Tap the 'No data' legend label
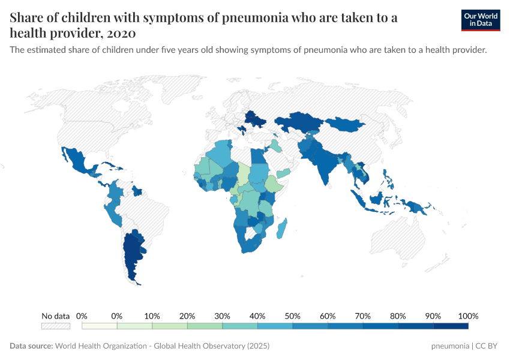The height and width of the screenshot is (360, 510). [55, 316]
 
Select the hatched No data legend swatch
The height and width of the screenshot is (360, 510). [55, 326]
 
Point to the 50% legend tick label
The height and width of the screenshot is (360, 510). [292, 316]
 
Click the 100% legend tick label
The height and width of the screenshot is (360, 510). [467, 316]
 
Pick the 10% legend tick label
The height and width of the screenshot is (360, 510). [152, 316]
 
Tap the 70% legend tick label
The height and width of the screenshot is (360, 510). [362, 316]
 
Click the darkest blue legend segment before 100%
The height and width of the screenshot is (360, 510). [450, 326]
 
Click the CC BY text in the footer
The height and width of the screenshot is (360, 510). [487, 346]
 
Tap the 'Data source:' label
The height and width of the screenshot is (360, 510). [31, 346]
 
